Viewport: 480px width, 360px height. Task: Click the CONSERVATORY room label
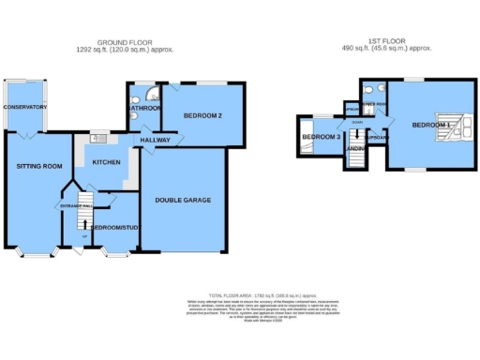click(24, 107)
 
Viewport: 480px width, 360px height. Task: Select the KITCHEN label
click(106, 161)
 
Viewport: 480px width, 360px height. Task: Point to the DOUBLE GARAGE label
click(184, 200)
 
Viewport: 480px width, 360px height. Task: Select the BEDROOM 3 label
click(320, 139)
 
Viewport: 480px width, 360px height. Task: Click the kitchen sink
click(95, 140)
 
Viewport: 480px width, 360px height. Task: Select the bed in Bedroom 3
click(305, 137)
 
